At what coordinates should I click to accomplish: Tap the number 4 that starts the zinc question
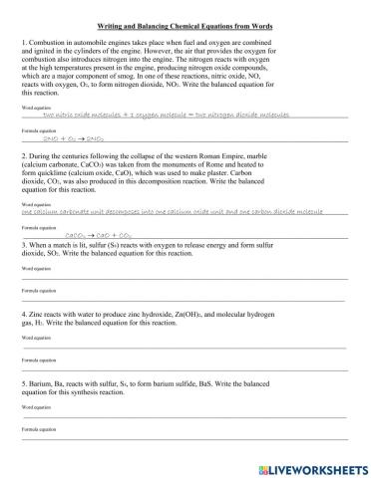click(x=24, y=314)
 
